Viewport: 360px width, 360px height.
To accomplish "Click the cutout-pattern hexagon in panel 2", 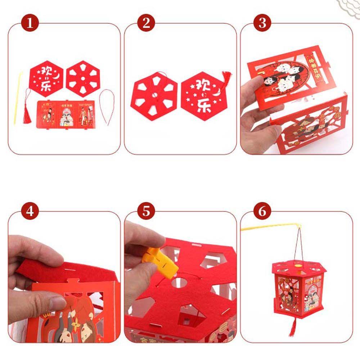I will coord(154,95).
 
